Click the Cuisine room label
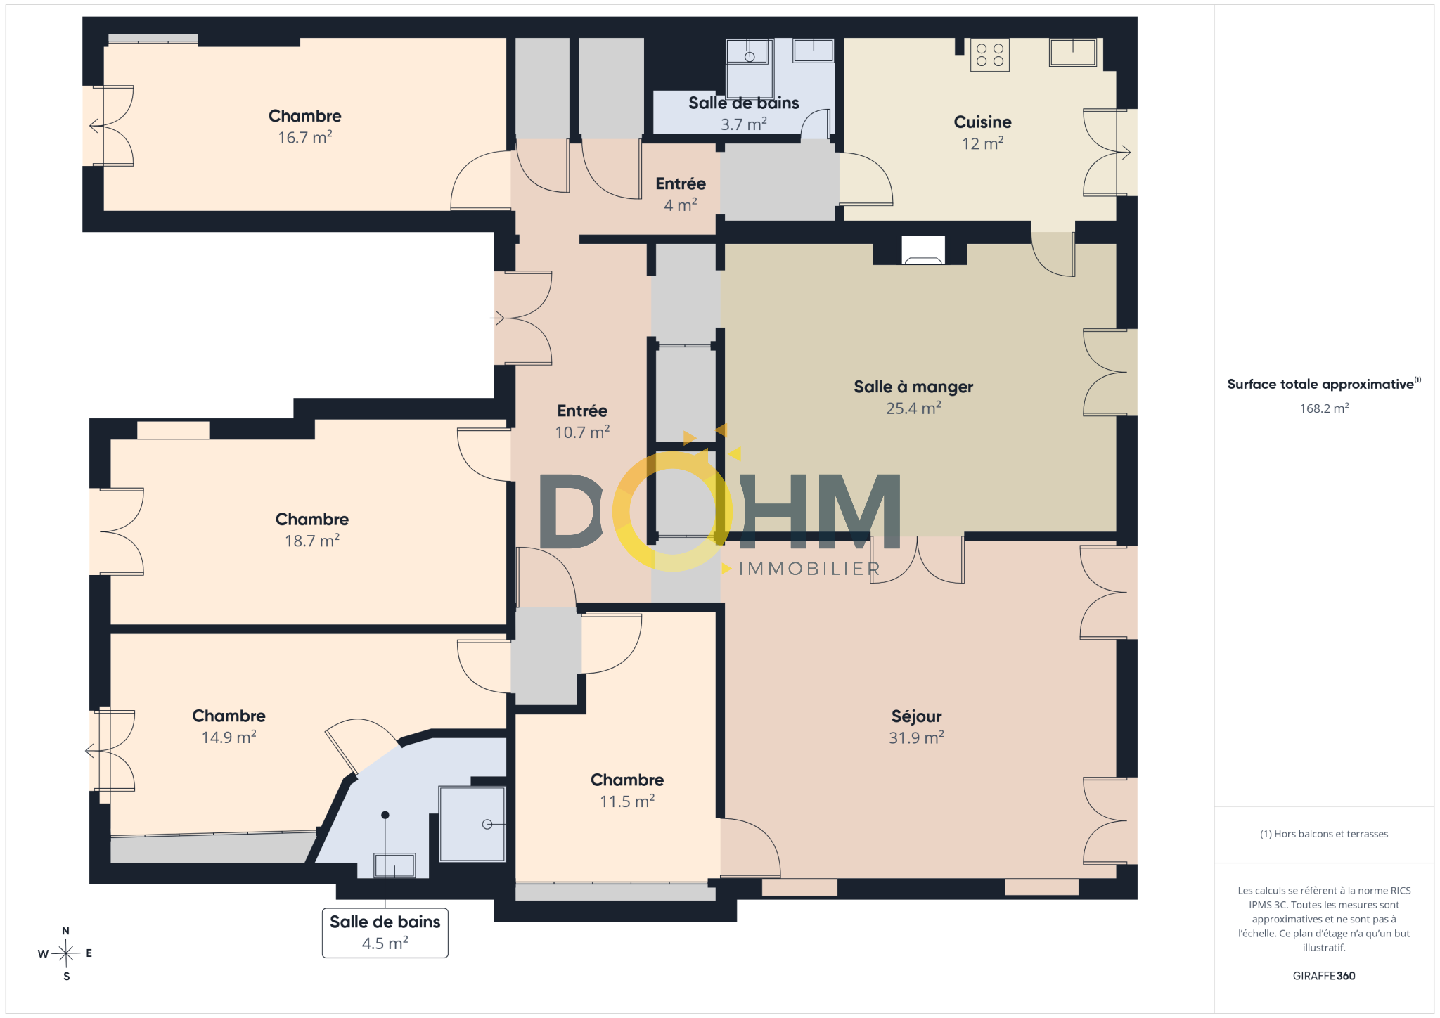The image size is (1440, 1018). click(x=982, y=122)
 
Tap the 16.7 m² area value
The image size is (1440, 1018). click(x=304, y=137)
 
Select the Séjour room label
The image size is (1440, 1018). click(x=916, y=716)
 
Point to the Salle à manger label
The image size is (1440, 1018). click(x=913, y=387)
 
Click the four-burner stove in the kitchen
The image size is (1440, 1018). click(x=989, y=55)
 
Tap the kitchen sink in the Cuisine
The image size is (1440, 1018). click(x=1072, y=52)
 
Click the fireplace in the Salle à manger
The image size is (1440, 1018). click(x=922, y=251)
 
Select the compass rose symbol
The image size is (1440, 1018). click(x=66, y=953)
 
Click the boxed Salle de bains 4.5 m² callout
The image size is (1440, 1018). click(x=385, y=933)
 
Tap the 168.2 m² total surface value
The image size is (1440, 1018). click(x=1324, y=408)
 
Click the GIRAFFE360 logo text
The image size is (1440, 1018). click(x=1324, y=976)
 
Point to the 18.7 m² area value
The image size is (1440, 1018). click(x=311, y=541)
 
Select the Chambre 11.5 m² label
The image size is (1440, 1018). click(x=627, y=790)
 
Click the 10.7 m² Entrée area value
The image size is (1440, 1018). click(x=582, y=432)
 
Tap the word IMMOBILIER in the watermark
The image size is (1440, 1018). click(x=809, y=569)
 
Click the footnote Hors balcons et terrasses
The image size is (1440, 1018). click(x=1324, y=834)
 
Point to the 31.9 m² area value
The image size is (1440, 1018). click(x=916, y=737)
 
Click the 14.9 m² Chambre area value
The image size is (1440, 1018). click(x=229, y=737)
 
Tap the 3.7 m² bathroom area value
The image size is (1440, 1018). click(x=743, y=124)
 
